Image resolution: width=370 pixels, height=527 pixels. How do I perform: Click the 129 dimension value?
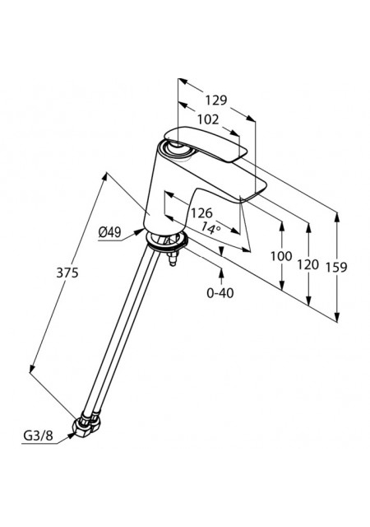216,100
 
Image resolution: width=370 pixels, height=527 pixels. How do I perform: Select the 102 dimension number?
208,119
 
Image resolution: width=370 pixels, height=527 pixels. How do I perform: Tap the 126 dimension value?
201,212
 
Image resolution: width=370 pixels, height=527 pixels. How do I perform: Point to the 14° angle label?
210,228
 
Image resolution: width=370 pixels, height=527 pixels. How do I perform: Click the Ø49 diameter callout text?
110,232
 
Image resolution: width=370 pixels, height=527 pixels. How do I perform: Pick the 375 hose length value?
67,273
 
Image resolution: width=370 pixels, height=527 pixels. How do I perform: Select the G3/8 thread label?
38,436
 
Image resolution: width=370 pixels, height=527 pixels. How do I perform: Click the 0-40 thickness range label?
220,293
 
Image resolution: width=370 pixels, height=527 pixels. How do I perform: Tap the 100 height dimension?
281,256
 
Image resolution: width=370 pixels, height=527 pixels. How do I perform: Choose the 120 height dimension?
308,265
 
